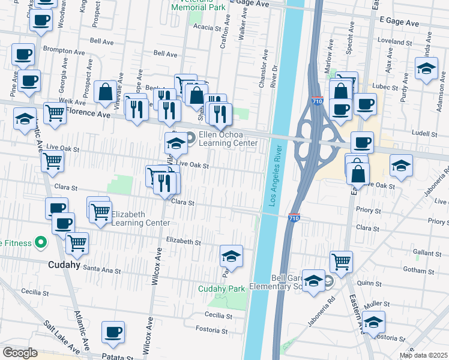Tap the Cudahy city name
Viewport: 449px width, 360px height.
pyautogui.click(x=65, y=264)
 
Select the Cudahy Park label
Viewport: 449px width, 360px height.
pyautogui.click(x=222, y=289)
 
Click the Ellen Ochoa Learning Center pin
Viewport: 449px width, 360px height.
pyautogui.click(x=191, y=139)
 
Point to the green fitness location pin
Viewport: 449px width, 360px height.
pyautogui.click(x=41, y=242)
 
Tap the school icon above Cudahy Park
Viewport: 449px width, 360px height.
pyautogui.click(x=231, y=256)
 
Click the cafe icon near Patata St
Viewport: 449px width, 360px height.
pyautogui.click(x=113, y=332)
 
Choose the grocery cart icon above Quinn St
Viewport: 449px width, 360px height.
pyautogui.click(x=341, y=261)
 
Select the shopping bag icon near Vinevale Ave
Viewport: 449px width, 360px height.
pyautogui.click(x=106, y=92)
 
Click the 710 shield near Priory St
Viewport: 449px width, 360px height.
pyautogui.click(x=294, y=217)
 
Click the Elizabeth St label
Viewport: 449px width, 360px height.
pyautogui.click(x=183, y=242)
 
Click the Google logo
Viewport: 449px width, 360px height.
pyautogui.click(x=20, y=353)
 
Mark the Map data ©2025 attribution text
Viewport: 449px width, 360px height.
pyautogui.click(x=423, y=355)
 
